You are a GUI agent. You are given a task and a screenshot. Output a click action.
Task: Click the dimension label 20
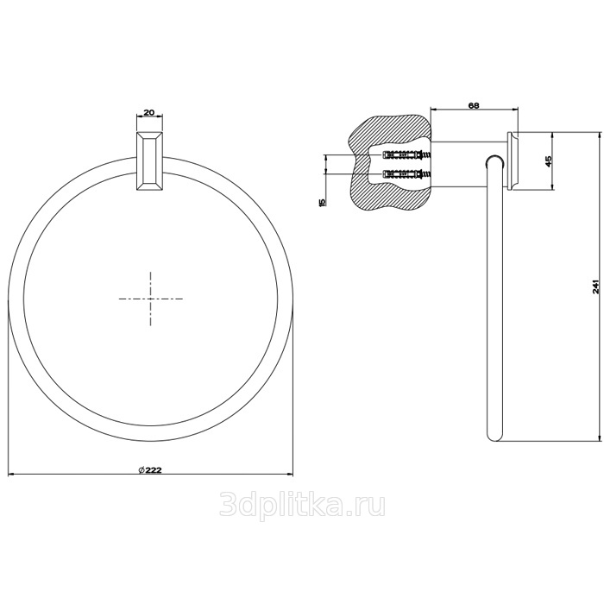149,112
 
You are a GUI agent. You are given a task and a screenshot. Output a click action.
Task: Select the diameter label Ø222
150,470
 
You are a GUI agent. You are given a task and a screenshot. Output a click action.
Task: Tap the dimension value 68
474,105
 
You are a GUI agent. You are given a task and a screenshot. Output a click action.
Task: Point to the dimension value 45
549,160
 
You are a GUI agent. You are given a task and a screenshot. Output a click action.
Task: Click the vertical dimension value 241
596,286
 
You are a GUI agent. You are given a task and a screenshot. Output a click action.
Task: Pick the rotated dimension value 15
323,201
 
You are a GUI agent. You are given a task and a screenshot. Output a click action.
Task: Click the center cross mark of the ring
150,299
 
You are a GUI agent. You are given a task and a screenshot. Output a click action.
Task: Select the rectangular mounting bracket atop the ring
150,160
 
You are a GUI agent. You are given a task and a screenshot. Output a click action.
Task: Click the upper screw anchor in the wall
406,155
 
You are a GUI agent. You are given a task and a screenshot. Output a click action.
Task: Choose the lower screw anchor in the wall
406,173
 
